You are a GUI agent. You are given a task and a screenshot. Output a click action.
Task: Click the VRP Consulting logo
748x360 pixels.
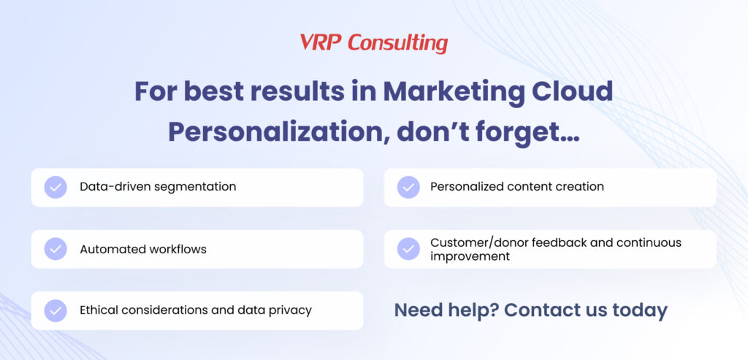click(374, 43)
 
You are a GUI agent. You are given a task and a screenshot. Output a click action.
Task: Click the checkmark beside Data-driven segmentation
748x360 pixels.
click(56, 188)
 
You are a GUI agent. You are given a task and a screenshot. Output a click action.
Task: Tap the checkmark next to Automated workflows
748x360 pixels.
click(56, 249)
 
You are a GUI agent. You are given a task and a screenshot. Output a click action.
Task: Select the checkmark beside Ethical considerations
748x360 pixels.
click(56, 310)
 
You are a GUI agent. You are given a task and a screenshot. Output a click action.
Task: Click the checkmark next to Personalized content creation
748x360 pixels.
click(408, 188)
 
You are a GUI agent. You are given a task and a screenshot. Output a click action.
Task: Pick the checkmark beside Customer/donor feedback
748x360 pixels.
click(408, 249)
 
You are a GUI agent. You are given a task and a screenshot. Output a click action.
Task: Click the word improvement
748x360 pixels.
click(470, 256)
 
